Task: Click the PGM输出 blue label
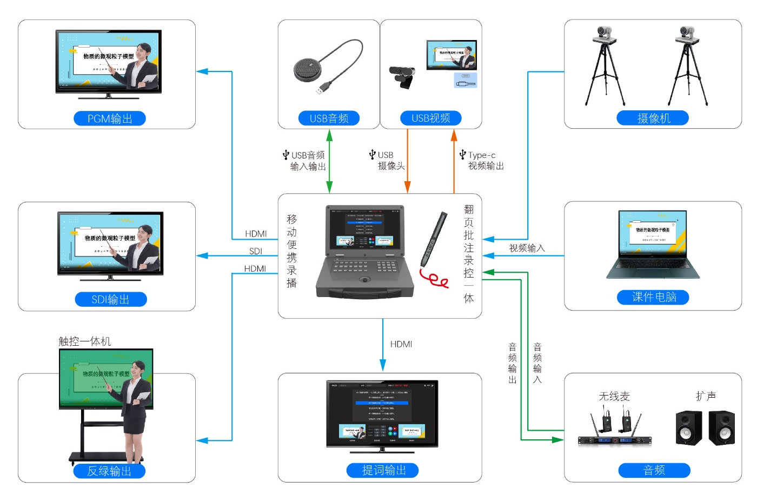click(110, 118)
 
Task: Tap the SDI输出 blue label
click(111, 299)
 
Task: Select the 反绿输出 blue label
click(109, 471)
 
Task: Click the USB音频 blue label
click(329, 118)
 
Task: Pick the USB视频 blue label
click(431, 118)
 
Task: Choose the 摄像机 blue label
click(653, 118)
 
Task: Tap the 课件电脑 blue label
click(654, 297)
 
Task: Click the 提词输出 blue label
click(383, 470)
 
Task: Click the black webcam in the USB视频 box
click(403, 76)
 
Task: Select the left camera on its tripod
click(605, 65)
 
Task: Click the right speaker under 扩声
click(722, 427)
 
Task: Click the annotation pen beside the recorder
click(434, 239)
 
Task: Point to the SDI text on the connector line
click(256, 251)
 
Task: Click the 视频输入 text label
click(527, 248)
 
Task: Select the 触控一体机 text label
click(85, 341)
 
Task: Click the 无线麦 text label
click(614, 396)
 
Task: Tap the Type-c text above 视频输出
click(482, 155)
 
